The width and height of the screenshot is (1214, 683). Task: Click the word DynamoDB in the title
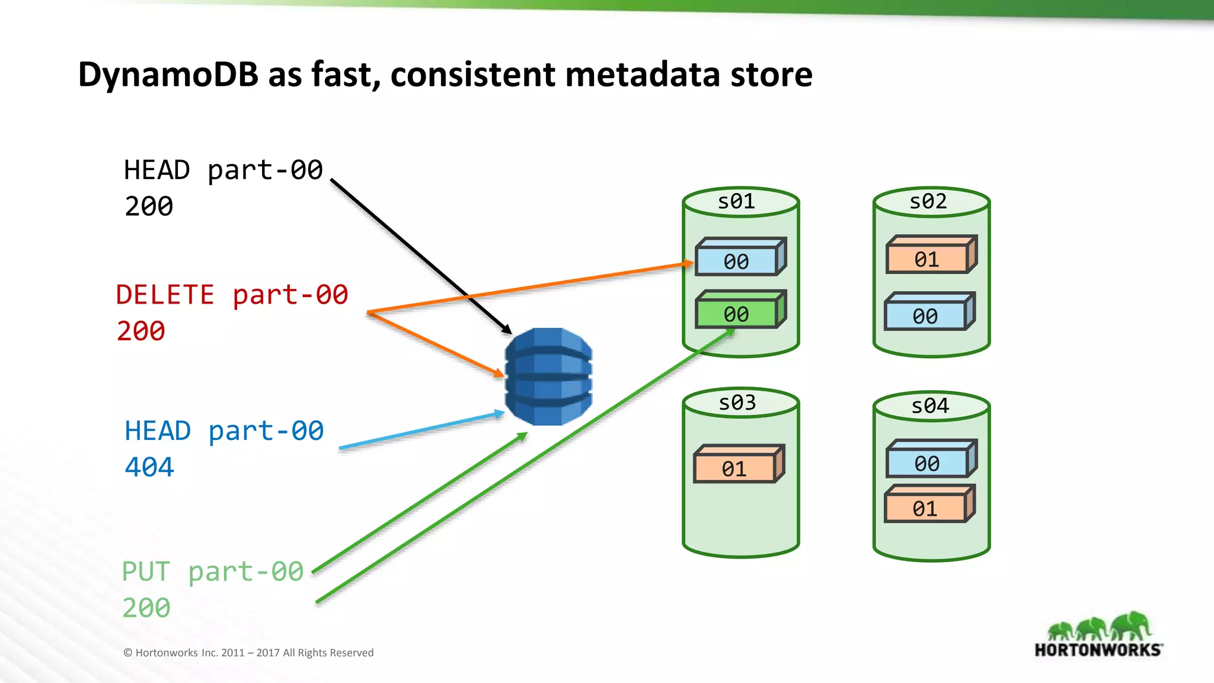(x=168, y=75)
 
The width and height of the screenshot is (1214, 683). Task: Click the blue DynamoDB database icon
(x=548, y=376)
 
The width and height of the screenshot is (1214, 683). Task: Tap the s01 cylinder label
(x=737, y=202)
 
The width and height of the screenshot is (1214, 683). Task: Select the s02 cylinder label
(x=928, y=202)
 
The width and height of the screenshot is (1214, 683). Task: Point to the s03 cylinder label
(x=737, y=403)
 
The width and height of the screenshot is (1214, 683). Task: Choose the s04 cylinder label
(x=930, y=406)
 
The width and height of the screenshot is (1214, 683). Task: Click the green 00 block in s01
(x=737, y=314)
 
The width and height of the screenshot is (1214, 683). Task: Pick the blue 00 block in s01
(x=737, y=261)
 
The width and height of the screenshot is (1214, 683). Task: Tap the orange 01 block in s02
(x=927, y=259)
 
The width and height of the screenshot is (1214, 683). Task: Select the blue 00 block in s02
(x=925, y=316)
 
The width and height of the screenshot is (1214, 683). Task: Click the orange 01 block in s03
(x=734, y=469)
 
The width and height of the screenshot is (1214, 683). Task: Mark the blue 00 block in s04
(x=927, y=463)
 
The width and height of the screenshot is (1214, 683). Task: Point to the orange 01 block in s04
(x=925, y=508)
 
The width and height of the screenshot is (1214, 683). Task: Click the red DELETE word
(x=165, y=295)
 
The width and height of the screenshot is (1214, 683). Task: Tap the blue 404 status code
(x=149, y=467)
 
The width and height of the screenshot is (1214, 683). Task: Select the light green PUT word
(x=146, y=572)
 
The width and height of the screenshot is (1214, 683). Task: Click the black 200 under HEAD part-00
(x=149, y=206)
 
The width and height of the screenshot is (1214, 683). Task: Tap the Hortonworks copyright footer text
(x=248, y=653)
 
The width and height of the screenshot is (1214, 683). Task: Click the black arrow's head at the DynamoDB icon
(x=507, y=330)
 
